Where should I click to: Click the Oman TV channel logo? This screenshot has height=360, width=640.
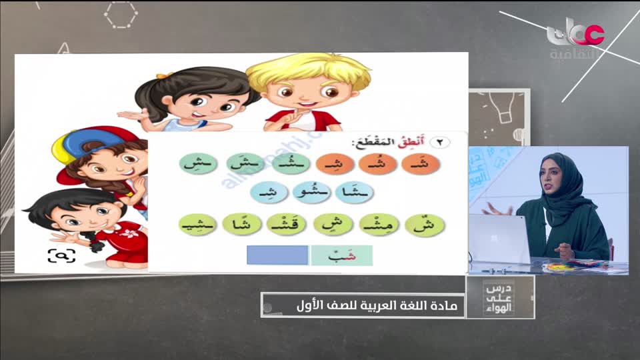(575, 37)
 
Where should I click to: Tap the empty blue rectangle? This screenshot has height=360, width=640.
(277, 255)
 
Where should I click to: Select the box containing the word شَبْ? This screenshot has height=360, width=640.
(341, 255)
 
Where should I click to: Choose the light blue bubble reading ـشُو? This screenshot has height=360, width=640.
(308, 193)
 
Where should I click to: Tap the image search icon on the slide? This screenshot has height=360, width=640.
(61, 255)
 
